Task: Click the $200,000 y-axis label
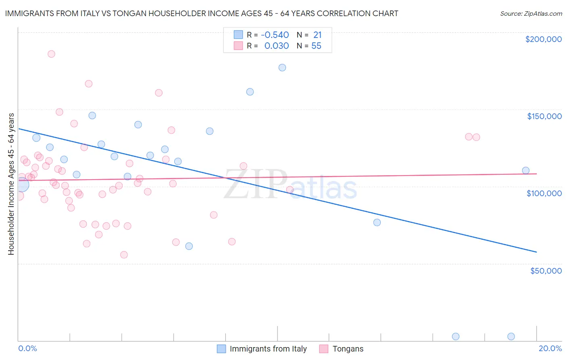543,39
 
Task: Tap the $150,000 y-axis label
544,116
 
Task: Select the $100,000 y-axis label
544,193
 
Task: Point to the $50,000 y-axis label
546,270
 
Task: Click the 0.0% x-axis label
27,348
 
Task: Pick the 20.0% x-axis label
550,348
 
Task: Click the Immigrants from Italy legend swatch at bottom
221,349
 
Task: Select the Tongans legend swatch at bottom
323,349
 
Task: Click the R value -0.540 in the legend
275,35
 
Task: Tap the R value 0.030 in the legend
276,46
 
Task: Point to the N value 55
316,46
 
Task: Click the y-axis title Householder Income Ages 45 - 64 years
11,184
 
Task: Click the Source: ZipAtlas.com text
531,14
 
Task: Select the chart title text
202,14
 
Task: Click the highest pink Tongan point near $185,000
51,54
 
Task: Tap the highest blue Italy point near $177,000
282,67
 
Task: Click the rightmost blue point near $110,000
525,170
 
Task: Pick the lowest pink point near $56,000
124,255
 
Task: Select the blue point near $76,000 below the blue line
377,222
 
